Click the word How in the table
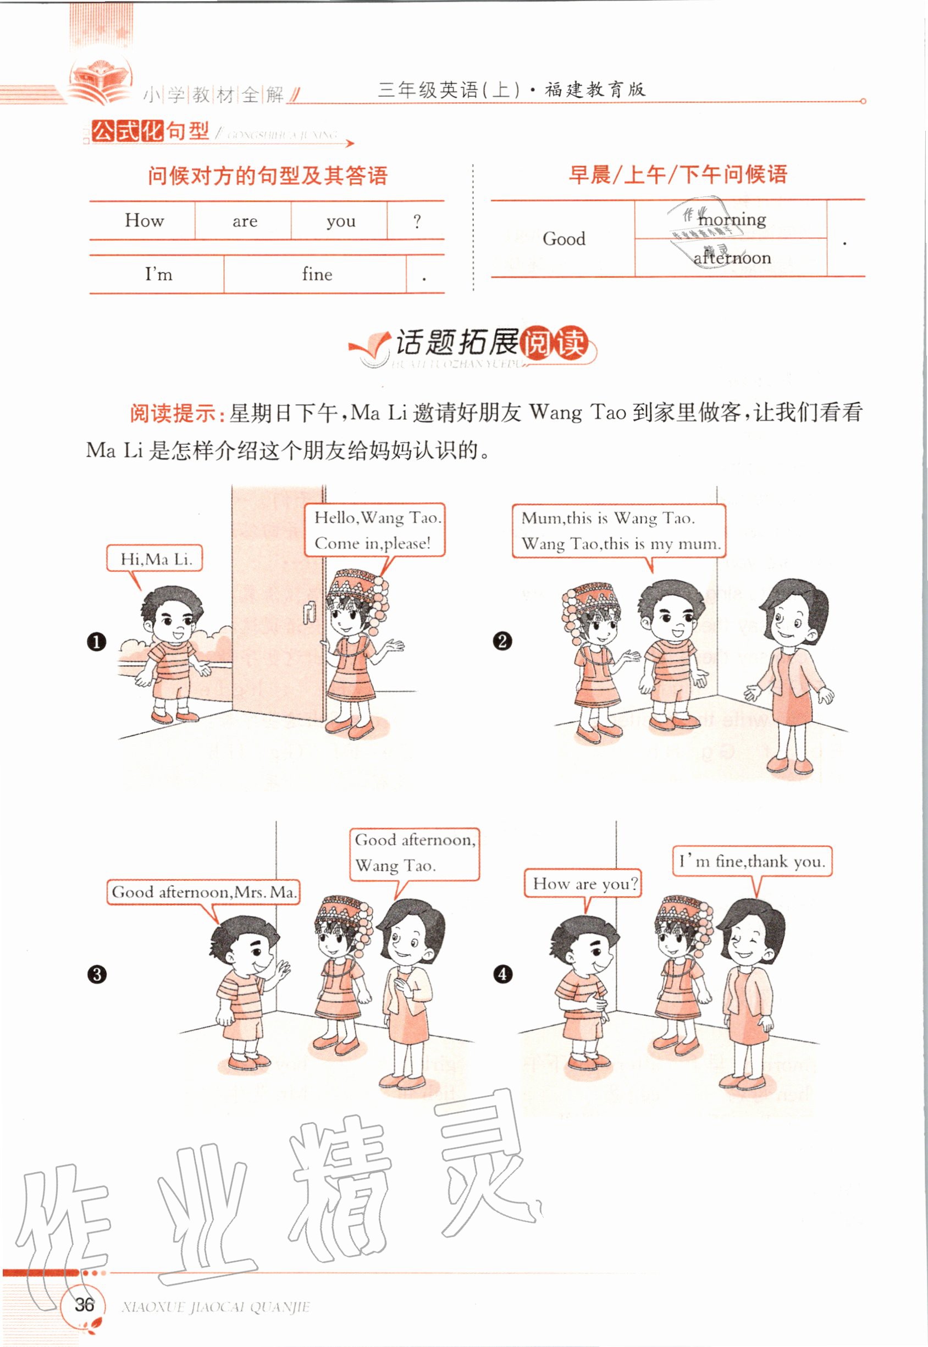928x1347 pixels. click(144, 221)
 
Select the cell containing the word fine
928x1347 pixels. click(317, 274)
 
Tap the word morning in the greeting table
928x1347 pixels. click(732, 220)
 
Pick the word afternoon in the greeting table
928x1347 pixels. click(732, 257)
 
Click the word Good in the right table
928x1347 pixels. click(564, 239)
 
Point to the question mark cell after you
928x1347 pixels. click(416, 222)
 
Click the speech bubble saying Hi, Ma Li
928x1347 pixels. click(154, 559)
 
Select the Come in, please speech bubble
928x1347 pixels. click(375, 530)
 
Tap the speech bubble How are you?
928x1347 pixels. click(584, 884)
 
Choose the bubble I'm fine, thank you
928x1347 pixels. click(752, 862)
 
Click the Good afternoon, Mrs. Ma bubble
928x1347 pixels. click(203, 892)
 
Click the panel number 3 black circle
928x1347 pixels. click(97, 974)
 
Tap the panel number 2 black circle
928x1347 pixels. click(502, 641)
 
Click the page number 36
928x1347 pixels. click(84, 1304)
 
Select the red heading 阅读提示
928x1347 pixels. click(173, 413)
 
